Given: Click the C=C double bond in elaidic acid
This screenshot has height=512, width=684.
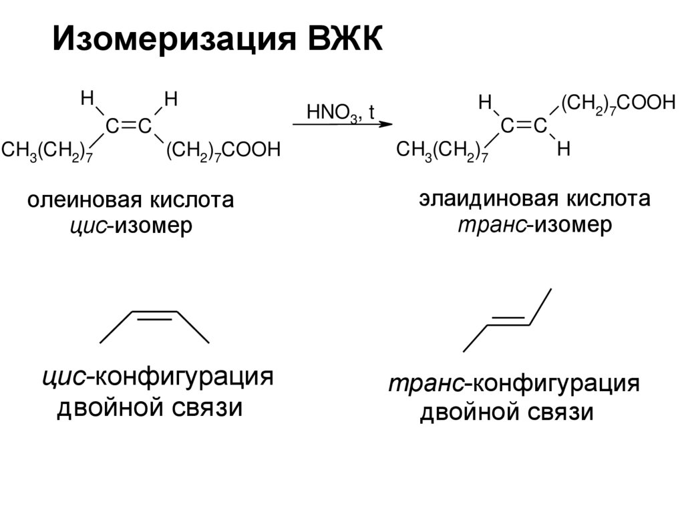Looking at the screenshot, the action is [524, 125].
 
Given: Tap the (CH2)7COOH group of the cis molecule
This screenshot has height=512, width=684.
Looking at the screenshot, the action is [222, 150].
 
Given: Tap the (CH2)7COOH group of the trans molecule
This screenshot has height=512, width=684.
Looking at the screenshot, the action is [618, 104].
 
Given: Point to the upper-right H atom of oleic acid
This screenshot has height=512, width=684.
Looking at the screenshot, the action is [171, 100].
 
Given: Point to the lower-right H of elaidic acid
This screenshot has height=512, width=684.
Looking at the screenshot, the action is [563, 150].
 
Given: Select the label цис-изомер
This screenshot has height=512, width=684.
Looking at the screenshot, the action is [131, 226].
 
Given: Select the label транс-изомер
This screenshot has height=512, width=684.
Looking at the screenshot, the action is [534, 224].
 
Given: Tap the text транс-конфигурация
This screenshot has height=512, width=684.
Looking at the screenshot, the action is [515, 385].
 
